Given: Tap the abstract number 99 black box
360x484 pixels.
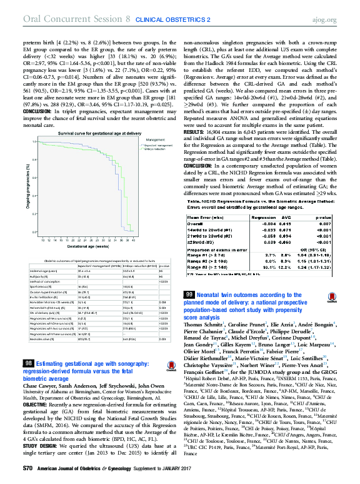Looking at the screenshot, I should pos(189,294).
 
